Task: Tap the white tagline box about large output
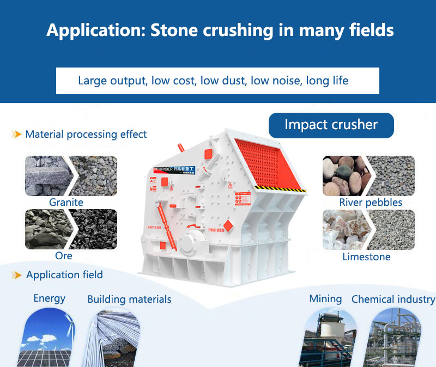217,81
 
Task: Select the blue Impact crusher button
331,125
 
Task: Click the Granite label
66,203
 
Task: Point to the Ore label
63,255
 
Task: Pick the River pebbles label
371,203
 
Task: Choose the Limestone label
366,256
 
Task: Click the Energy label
49,298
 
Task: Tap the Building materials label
129,299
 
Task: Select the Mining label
325,299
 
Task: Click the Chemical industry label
393,299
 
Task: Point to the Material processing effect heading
86,134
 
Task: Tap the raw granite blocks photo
47,176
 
